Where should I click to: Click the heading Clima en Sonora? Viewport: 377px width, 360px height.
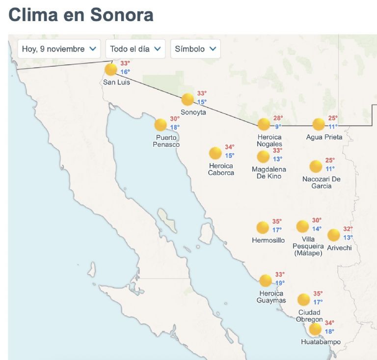click(x=81, y=15)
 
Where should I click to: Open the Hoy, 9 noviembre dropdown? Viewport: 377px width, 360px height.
click(x=59, y=49)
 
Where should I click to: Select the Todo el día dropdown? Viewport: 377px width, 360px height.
click(x=135, y=49)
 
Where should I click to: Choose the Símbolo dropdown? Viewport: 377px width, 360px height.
click(x=195, y=49)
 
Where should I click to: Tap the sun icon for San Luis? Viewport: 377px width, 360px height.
click(x=111, y=69)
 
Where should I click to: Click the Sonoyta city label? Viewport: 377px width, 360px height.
click(x=193, y=112)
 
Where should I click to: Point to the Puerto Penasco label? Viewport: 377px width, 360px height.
click(x=166, y=141)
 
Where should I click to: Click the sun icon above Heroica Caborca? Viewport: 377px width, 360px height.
click(x=215, y=153)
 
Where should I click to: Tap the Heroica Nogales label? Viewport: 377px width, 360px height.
click(x=269, y=140)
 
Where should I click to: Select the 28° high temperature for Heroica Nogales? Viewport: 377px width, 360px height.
click(x=278, y=118)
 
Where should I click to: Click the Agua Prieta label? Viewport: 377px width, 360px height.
click(x=324, y=137)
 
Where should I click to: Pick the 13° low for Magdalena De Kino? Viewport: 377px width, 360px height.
click(x=278, y=159)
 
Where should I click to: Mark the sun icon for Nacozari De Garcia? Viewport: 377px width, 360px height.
click(x=316, y=166)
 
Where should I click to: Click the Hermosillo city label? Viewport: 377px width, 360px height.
click(x=268, y=240)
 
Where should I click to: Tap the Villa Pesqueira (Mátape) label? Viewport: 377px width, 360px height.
click(x=308, y=246)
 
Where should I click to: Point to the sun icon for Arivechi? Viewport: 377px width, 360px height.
click(x=333, y=235)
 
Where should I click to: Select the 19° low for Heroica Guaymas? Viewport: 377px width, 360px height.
click(x=280, y=282)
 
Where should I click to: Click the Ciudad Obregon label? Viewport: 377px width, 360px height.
click(x=309, y=316)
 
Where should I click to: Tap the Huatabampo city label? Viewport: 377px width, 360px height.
click(x=321, y=342)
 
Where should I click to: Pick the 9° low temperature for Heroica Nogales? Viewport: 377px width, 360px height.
click(x=278, y=126)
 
